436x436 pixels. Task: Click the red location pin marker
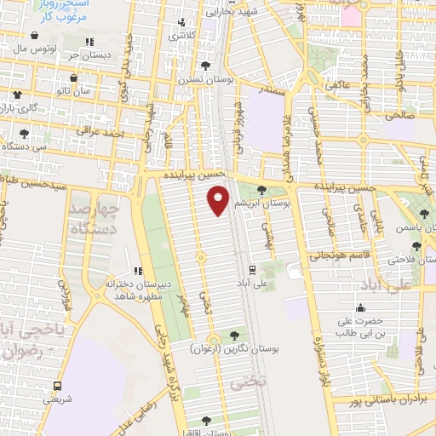pos(218,201)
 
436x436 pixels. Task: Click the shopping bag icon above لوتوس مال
pos(34,36)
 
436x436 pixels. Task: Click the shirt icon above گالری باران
pos(17,94)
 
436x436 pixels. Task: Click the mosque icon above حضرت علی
pos(361,308)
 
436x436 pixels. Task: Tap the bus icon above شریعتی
pos(58,385)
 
